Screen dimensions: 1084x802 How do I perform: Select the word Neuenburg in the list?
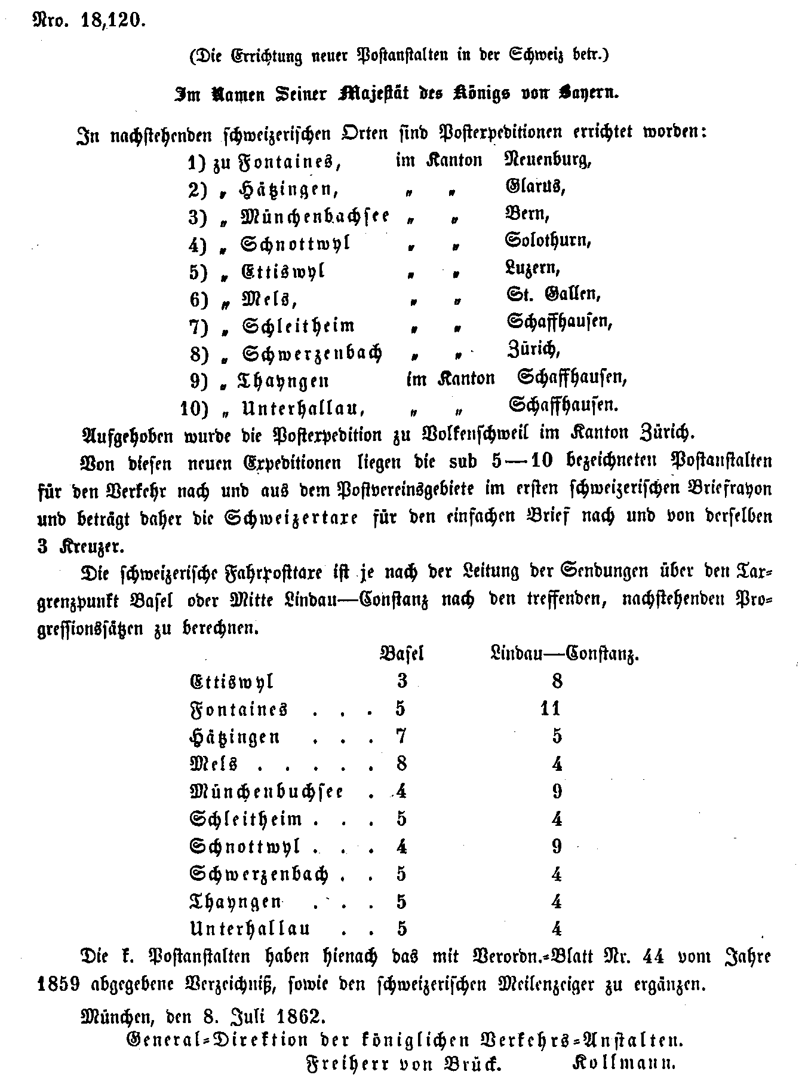pos(548,160)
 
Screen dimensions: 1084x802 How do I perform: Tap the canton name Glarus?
pos(534,187)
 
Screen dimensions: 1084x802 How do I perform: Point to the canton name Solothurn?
pos(548,241)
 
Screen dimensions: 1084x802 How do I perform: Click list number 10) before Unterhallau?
pos(195,409)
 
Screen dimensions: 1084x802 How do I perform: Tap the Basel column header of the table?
pos(402,654)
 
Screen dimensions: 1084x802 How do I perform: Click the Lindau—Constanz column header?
pos(563,654)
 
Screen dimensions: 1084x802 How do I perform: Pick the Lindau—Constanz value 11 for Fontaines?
pos(549,709)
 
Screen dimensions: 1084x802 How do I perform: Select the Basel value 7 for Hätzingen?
pos(401,736)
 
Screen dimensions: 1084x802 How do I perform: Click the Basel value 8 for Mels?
pos(401,764)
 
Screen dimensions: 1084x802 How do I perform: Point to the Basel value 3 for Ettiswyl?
pos(401,681)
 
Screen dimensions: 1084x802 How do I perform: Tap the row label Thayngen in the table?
pos(235,902)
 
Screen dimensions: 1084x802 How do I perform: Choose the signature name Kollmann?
pos(623,1064)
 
